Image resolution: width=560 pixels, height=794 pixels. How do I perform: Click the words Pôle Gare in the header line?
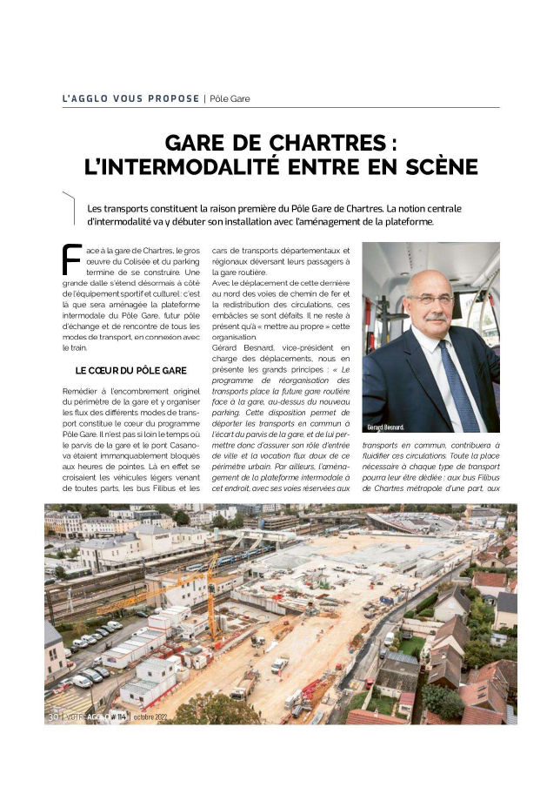tap(230, 98)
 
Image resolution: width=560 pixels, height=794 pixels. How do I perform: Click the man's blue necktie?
tap(457, 383)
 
